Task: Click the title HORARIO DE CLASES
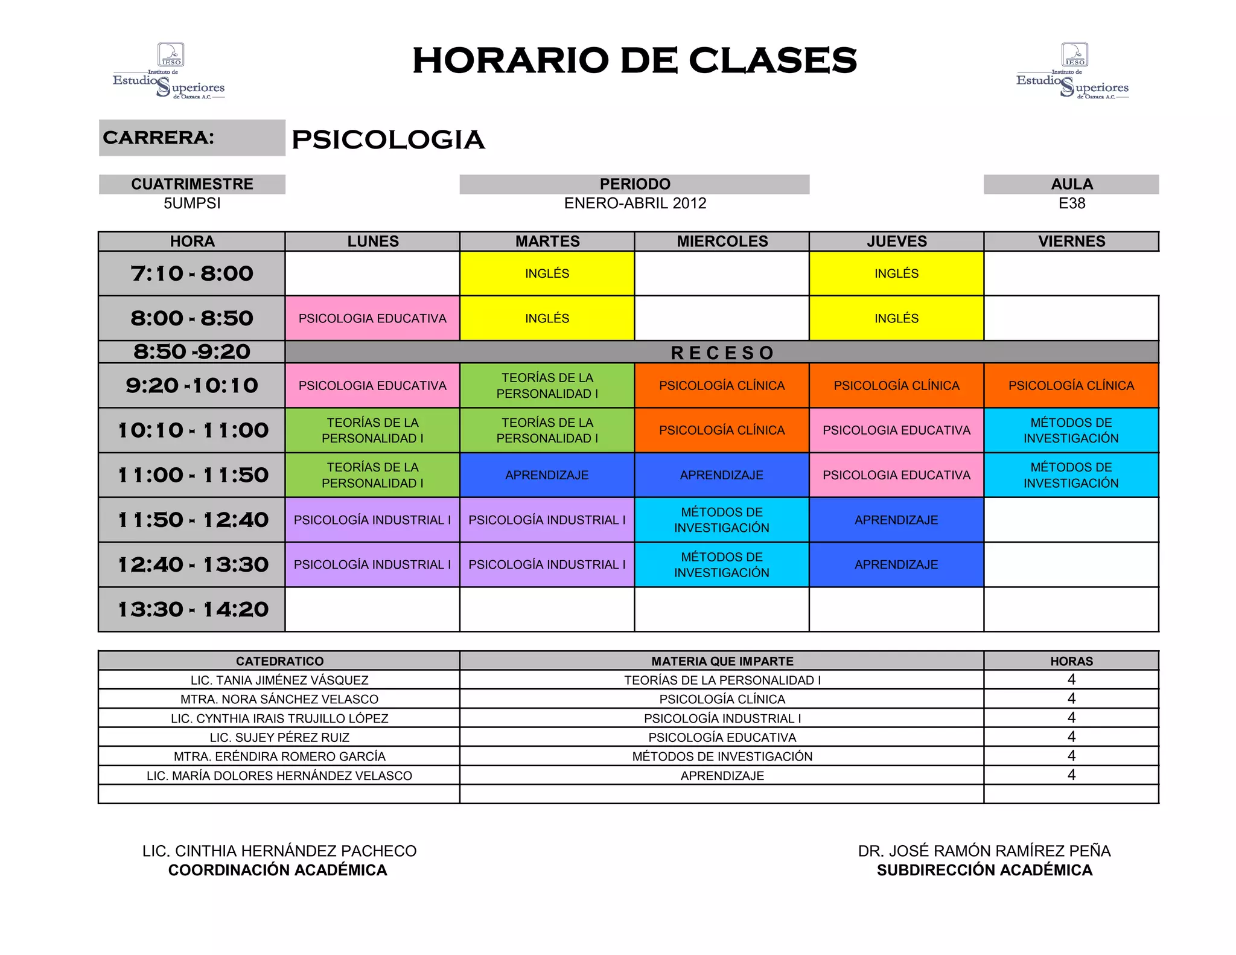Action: [x=634, y=60]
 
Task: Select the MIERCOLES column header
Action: [x=722, y=241]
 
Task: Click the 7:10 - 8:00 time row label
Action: [x=192, y=273]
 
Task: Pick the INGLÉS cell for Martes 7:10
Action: [x=547, y=273]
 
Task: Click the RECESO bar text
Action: [x=722, y=353]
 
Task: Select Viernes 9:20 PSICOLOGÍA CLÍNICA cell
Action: [x=1071, y=386]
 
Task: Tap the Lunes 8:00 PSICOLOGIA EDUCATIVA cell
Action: [x=372, y=319]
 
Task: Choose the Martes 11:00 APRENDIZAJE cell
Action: [x=547, y=475]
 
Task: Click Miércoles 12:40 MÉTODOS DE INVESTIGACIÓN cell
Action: [x=722, y=564]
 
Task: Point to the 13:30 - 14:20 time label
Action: [x=192, y=610]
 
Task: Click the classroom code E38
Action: [x=1071, y=203]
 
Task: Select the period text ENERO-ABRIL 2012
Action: [x=635, y=203]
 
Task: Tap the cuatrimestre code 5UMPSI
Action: [x=192, y=203]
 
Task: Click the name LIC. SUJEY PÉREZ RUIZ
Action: [x=279, y=738]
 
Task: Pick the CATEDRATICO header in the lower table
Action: [x=279, y=661]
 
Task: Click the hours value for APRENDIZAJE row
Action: [x=1071, y=775]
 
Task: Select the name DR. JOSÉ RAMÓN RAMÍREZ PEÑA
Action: [x=984, y=851]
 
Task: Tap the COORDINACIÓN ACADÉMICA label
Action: [x=278, y=870]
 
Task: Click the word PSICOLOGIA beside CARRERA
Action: [x=388, y=140]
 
